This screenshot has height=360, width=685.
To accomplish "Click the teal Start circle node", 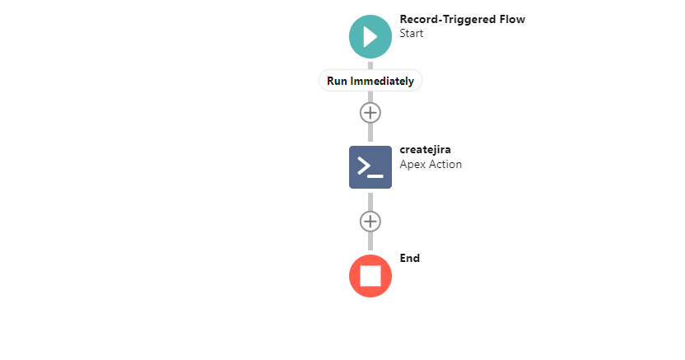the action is click(x=370, y=37).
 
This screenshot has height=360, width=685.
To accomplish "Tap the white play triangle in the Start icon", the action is click(x=370, y=37).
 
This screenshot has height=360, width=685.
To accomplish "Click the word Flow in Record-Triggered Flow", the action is click(x=513, y=19).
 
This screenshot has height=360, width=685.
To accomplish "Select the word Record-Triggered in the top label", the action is click(x=448, y=20).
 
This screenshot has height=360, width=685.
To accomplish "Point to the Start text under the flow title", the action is click(x=411, y=34).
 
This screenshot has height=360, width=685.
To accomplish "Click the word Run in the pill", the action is click(x=337, y=82).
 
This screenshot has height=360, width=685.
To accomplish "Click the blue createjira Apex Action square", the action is click(x=370, y=167).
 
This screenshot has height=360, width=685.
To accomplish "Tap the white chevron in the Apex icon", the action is click(x=365, y=166).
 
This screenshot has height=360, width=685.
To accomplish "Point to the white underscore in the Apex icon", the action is click(x=375, y=176).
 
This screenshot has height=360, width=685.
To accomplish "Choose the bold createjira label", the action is click(x=425, y=150).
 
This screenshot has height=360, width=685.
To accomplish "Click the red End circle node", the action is click(x=370, y=276).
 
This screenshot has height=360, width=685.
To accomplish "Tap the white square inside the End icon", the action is click(x=370, y=276).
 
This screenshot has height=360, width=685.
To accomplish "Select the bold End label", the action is click(x=410, y=258).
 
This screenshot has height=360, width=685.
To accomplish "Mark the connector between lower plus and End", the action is click(x=370, y=241).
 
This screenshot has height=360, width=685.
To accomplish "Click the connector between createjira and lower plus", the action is click(x=370, y=203).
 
